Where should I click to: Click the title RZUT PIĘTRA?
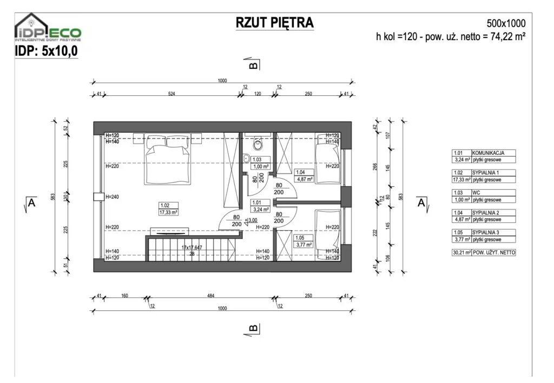coord(274,23)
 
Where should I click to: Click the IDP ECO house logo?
coord(48,28)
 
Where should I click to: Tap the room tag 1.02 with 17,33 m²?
coord(168,209)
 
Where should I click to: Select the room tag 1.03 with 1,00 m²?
coord(260,163)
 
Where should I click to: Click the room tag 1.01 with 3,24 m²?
coord(260,206)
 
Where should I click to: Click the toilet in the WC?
coord(258,144)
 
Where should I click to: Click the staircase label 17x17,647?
coord(192,248)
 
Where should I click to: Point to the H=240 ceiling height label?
coord(112,197)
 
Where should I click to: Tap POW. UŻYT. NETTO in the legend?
coord(493,252)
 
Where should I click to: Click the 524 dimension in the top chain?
coord(172,94)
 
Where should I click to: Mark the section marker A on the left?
coord(31,204)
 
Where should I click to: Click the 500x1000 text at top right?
coord(506,24)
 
